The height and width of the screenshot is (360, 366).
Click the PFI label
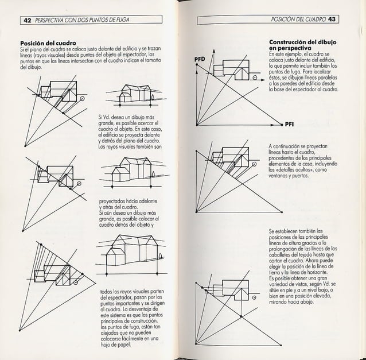coord(290,123)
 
